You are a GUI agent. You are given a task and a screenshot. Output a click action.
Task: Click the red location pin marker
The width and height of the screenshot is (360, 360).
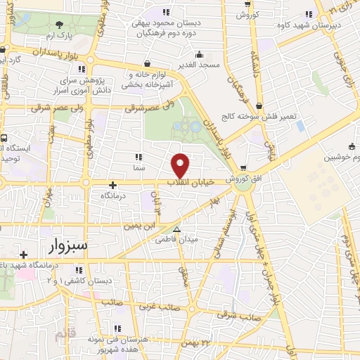point(181,165)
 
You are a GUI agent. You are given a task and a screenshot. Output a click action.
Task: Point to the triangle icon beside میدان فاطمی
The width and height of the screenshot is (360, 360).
point(176,229)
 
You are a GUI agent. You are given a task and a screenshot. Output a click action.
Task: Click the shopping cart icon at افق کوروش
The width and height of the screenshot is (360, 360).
point(243,168)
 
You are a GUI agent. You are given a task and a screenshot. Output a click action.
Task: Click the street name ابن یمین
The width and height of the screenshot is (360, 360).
point(139,226)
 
